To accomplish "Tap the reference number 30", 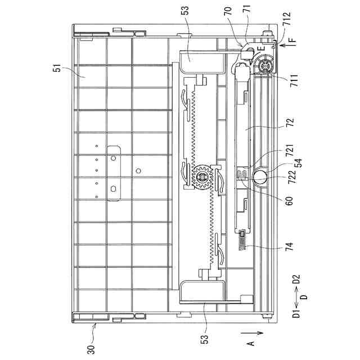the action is point(91,350).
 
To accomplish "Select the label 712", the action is point(287,19).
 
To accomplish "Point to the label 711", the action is point(294,80).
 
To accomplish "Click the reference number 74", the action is point(290,246).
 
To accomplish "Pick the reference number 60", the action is point(290,200).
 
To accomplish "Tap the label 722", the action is point(292,177).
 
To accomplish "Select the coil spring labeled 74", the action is point(241,240).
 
